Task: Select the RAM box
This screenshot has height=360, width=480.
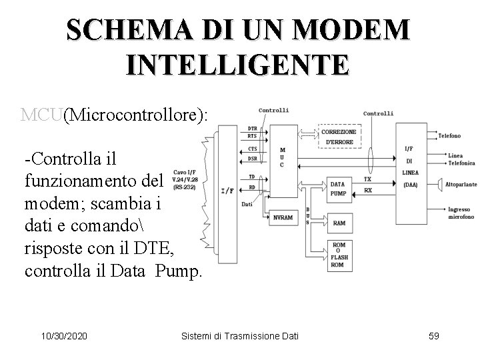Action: pyautogui.click(x=339, y=224)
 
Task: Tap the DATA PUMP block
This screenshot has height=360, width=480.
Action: pyautogui.click(x=338, y=189)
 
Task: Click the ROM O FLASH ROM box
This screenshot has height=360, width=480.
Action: pyautogui.click(x=339, y=256)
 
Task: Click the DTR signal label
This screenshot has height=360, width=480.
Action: pyautogui.click(x=252, y=128)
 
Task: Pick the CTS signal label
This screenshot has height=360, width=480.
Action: pyautogui.click(x=252, y=149)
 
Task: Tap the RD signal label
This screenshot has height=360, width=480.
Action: pyautogui.click(x=252, y=186)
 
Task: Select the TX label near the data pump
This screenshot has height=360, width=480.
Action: pyautogui.click(x=367, y=179)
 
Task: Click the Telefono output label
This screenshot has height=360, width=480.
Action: pyautogui.click(x=449, y=135)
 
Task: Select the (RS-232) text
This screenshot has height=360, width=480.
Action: pyautogui.click(x=185, y=187)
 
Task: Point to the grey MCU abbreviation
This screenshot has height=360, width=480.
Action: pyautogui.click(x=41, y=115)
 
